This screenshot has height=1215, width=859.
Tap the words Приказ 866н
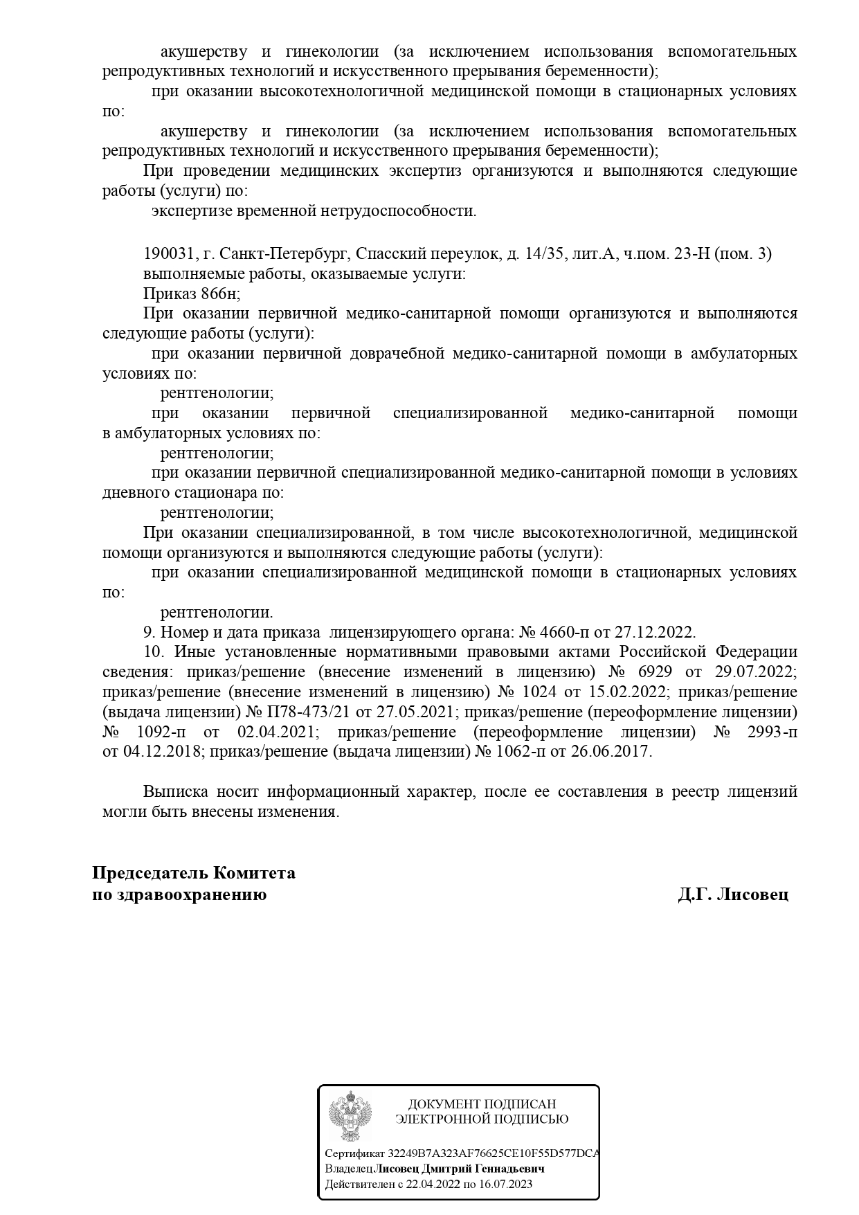click(191, 294)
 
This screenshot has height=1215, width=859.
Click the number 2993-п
click(768, 732)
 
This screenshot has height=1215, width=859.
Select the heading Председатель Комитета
click(194, 873)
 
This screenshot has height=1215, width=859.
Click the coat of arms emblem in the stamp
click(349, 1115)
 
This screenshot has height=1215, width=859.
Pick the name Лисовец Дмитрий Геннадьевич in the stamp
click(459, 1169)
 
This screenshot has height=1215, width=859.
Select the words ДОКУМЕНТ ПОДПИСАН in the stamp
click(482, 1104)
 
